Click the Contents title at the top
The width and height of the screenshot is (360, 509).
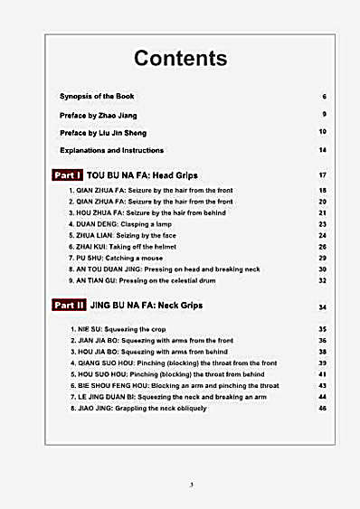point(180,59)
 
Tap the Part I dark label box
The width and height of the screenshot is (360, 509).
point(67,174)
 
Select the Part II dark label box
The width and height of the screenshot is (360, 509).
point(69,306)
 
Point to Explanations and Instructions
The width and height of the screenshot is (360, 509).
point(111,149)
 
